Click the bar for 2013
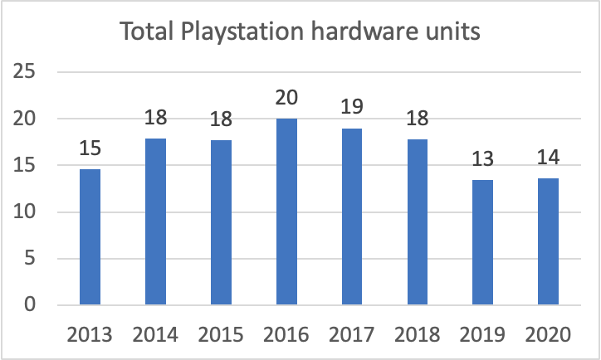click(x=90, y=237)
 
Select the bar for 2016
click(x=286, y=212)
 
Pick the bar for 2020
click(x=548, y=241)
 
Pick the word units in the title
click(x=452, y=32)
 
